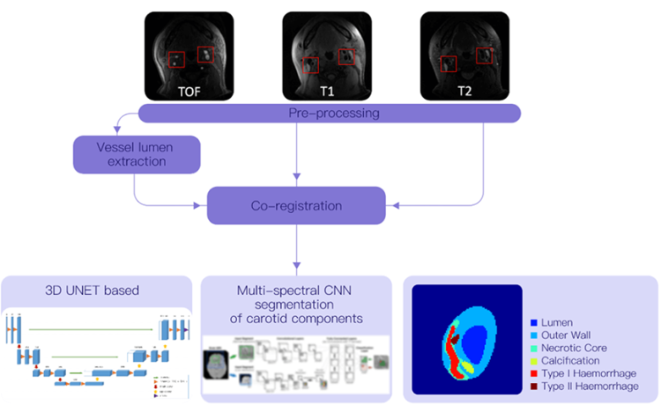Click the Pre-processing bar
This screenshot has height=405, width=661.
[333, 113]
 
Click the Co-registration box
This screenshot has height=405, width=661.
[296, 205]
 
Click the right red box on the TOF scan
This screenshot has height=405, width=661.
[205, 55]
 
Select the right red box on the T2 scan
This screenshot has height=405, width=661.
[484, 55]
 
